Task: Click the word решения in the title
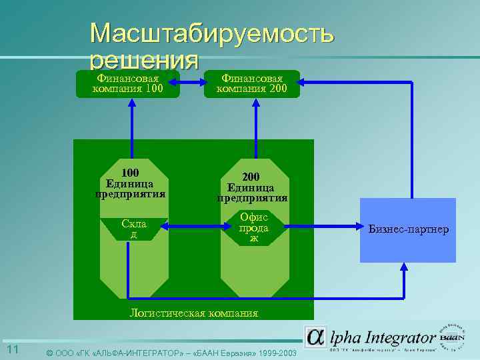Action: (144, 61)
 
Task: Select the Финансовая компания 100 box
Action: (131, 84)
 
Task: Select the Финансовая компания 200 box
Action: (252, 84)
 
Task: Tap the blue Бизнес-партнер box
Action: (408, 230)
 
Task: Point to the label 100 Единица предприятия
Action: (131, 184)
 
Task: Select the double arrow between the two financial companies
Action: (192, 83)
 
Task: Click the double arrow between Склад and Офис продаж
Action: (193, 228)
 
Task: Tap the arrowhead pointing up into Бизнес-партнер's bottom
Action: (404, 267)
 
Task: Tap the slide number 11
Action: (13, 351)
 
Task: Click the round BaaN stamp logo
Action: (455, 337)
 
